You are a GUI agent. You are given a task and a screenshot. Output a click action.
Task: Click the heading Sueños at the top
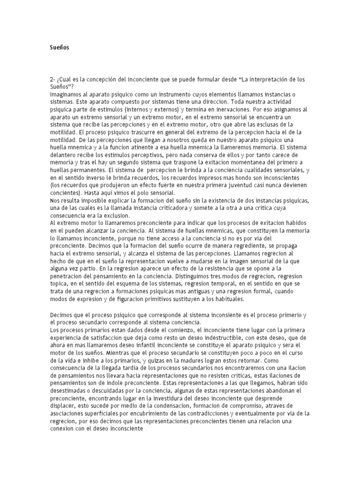tap(59, 47)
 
